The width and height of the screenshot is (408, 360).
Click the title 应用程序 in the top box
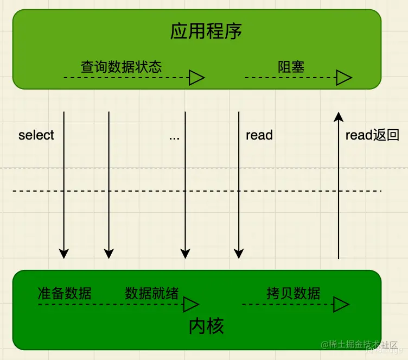coord(206,31)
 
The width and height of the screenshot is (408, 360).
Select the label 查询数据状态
coord(121,67)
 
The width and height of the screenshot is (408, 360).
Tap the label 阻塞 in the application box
coord(291,67)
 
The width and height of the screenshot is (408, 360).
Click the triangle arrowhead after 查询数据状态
coord(196,78)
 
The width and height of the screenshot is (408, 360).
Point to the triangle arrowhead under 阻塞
coord(343,78)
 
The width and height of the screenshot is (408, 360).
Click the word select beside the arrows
coord(36,135)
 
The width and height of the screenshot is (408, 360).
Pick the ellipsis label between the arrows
coord(174,136)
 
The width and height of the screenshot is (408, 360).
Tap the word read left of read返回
coord(259,135)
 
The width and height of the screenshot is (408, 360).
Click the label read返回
coord(372,135)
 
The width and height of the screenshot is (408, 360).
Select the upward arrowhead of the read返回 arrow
coord(338,116)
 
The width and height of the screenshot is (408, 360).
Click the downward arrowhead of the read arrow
coord(239,253)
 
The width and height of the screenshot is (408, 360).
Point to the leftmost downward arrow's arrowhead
coord(64,253)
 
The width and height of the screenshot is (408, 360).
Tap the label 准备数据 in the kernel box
coord(65,293)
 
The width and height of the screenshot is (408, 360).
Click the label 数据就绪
coord(151,293)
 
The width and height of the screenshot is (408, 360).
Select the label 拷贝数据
coord(294,293)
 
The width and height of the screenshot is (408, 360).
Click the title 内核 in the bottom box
coord(206,326)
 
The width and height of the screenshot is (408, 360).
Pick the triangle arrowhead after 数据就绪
coord(192,304)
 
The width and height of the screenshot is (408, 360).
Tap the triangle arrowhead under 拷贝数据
coord(341,305)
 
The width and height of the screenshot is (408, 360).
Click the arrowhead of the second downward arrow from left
coord(109,253)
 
